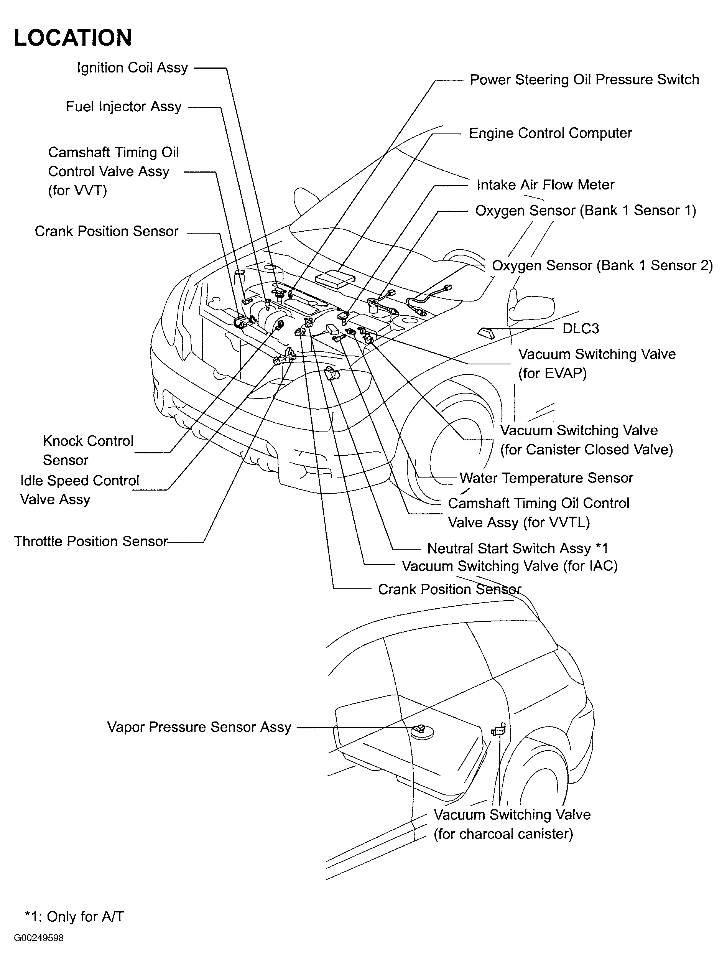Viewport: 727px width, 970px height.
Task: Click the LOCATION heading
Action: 73,38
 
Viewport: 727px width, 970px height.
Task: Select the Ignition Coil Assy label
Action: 132,68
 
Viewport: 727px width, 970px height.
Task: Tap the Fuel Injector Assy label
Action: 123,107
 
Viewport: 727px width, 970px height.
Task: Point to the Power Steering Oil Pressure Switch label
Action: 584,80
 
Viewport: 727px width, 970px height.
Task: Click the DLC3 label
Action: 580,328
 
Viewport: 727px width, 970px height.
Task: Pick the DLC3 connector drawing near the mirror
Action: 485,333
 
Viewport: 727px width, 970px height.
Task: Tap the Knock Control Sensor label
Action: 88,450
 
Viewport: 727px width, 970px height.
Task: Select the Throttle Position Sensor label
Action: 91,541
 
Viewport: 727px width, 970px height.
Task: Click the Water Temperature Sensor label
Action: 546,478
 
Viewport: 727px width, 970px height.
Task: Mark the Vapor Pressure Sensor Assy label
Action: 199,727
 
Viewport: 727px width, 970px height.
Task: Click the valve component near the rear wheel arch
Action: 498,730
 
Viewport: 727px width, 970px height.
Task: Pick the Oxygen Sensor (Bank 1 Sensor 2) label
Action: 602,266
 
